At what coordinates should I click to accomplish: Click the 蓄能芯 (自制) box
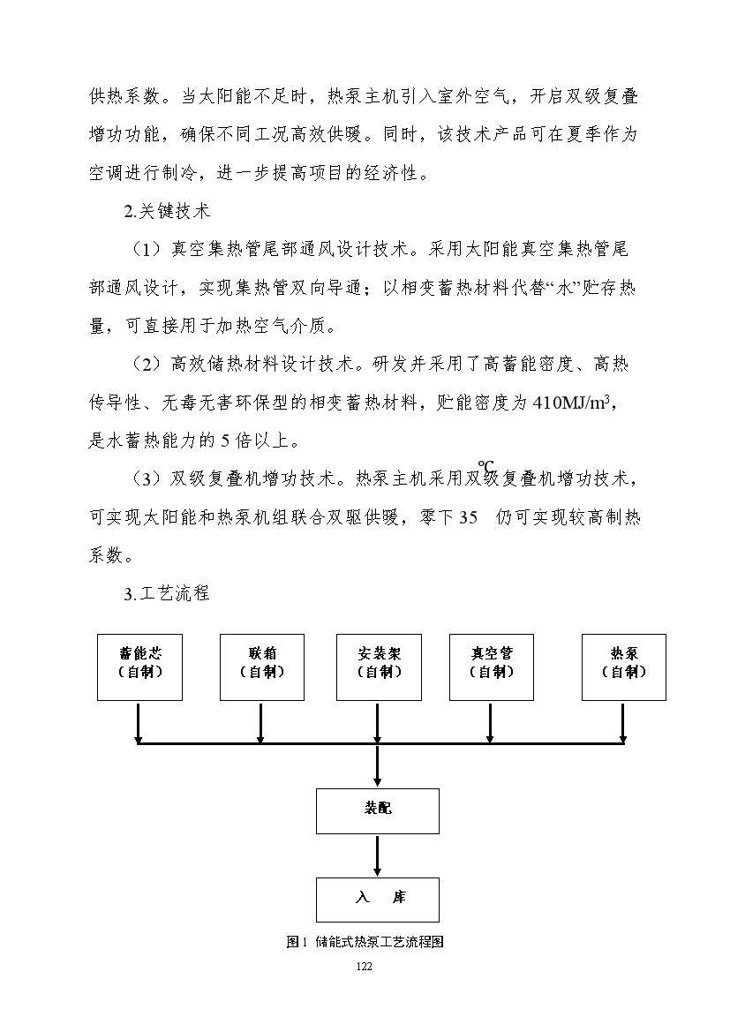click(139, 667)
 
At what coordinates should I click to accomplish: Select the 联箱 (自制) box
click(261, 667)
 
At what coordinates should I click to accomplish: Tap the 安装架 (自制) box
click(378, 667)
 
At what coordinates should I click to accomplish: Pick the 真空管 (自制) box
click(491, 667)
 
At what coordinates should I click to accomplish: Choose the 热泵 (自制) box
click(623, 667)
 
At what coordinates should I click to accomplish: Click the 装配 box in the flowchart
click(378, 810)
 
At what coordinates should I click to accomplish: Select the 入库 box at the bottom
click(378, 900)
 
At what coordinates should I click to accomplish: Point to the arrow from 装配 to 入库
click(378, 855)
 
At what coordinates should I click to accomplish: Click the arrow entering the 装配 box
click(378, 765)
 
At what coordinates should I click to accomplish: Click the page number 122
click(364, 968)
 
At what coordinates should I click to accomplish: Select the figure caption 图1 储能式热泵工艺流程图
click(364, 942)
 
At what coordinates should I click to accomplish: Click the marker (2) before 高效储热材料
click(147, 365)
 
